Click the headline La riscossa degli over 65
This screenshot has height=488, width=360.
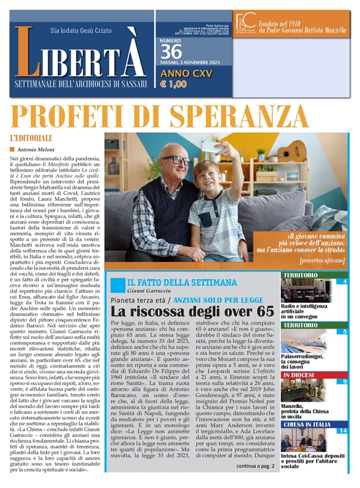click(x=192, y=311)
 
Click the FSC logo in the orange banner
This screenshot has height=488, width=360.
click(x=244, y=22)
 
